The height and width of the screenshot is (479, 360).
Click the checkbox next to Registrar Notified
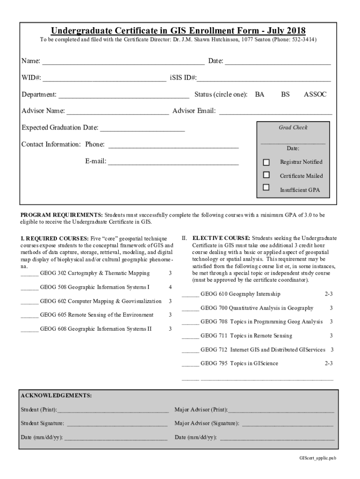point(266,162)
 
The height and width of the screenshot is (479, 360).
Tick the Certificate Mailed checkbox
point(266,175)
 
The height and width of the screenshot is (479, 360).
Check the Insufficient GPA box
point(266,188)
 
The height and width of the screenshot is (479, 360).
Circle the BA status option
point(259,94)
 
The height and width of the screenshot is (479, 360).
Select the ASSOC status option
point(315,94)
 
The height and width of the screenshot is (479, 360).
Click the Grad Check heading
point(293,127)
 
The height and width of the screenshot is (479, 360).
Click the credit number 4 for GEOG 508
point(170,287)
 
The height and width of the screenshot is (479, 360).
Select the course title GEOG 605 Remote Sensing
point(97,315)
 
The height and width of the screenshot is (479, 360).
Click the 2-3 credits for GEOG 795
point(329,363)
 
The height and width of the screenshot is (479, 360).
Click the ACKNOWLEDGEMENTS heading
point(56,396)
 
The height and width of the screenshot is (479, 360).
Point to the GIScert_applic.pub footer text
point(318,458)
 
